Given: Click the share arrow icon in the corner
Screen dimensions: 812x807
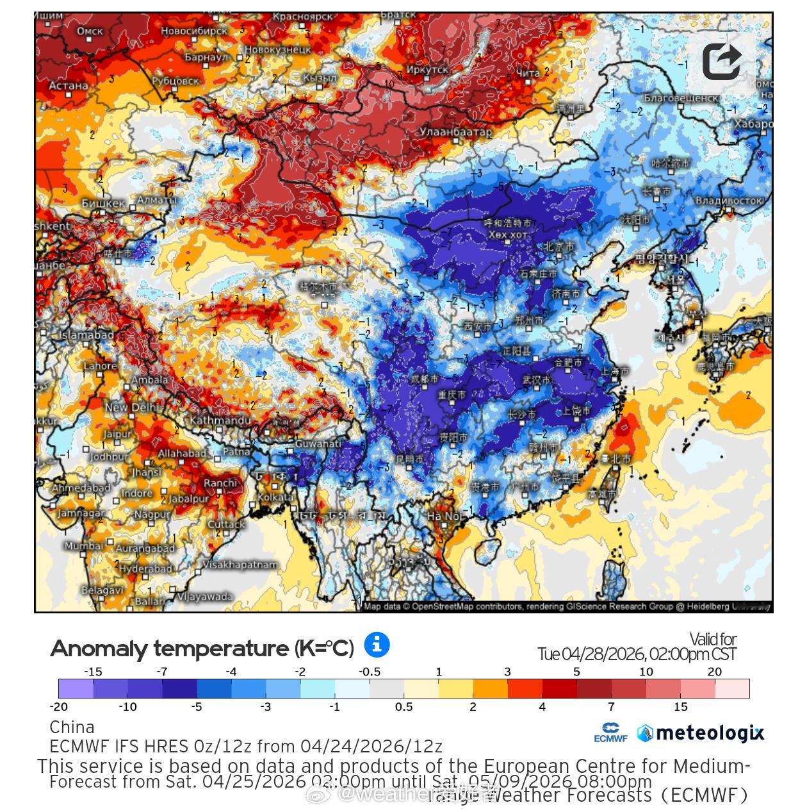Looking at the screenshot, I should coord(722,62).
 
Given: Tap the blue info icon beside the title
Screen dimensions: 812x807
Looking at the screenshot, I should coord(377,644).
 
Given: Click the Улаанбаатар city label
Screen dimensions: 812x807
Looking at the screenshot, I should coord(455,132).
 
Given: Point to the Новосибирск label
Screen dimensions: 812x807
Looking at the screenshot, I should coord(193,31).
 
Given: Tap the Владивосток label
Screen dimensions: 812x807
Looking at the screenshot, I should coord(729,201).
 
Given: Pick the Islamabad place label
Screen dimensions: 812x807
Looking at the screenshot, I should coord(86,335).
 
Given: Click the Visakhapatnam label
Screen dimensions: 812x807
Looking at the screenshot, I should coord(240,565).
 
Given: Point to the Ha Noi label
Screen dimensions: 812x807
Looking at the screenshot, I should coord(444,516).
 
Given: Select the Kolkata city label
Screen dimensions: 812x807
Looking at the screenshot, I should coord(275,497).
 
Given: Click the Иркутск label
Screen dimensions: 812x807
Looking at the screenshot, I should coord(427,69).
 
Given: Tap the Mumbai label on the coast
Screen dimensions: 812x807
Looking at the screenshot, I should coord(83,546).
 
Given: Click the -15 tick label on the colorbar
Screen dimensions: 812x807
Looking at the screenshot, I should coord(94,672).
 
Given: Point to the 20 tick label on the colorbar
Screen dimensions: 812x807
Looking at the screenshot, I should coord(714,672).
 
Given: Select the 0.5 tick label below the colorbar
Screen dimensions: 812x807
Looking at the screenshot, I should coord(403,706).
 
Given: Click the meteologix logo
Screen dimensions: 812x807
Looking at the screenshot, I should coord(701,733).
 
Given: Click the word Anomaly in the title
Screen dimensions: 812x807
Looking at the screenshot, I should coord(97,649).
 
